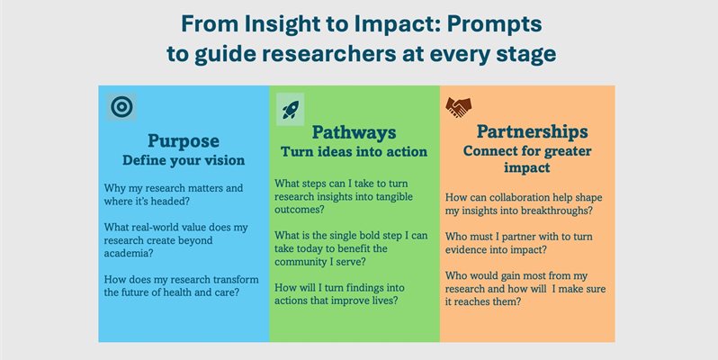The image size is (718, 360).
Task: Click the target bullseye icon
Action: click(x=121, y=107)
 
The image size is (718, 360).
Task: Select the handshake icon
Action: click(x=459, y=107)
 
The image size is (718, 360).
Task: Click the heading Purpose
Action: click(x=184, y=140)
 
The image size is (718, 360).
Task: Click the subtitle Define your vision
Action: click(x=184, y=160)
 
